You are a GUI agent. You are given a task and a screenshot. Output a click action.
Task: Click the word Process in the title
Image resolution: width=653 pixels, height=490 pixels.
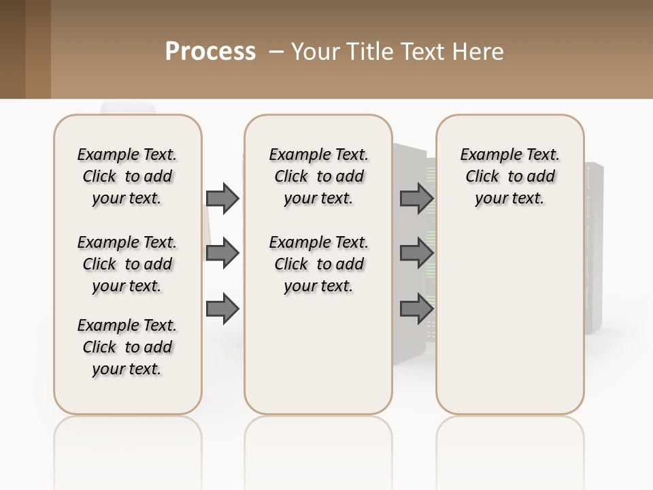210,52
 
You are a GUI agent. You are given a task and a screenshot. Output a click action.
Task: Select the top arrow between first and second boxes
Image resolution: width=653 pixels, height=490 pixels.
222,198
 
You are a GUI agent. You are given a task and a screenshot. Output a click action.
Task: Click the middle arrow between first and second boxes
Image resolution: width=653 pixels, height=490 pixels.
222,253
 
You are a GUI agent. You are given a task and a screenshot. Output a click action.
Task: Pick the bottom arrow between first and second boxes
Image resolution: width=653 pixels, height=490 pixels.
222,309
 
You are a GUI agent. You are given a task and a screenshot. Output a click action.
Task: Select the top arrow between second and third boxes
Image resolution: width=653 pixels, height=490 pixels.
416,198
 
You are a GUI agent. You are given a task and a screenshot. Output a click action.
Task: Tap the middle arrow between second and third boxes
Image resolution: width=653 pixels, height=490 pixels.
416,253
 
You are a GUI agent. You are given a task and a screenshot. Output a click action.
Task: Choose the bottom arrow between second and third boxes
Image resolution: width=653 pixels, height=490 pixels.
416,309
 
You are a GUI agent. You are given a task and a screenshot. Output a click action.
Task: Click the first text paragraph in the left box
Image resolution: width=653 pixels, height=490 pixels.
127,176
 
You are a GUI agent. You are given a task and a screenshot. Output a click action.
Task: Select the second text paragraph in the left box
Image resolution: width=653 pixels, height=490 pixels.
127,264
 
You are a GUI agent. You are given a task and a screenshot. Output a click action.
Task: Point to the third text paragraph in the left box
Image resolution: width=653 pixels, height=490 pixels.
127,347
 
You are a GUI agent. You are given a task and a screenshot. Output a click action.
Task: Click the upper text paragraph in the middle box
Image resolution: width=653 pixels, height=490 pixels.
318,176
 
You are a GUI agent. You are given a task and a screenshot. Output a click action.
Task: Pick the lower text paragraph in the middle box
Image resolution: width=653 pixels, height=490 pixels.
318,264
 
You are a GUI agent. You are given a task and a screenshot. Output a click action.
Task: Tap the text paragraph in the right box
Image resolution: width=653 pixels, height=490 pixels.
509,176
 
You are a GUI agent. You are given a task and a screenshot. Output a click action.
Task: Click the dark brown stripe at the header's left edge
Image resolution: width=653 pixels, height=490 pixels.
12,49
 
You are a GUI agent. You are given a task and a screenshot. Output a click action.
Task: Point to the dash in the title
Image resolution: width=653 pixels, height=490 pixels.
276,52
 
